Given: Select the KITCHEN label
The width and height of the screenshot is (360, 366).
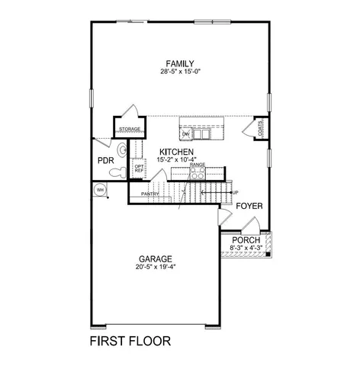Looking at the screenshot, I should point(176,152).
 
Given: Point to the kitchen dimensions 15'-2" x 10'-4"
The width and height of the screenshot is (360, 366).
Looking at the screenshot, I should point(176,160).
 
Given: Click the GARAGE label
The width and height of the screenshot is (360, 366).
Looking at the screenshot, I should point(155,258).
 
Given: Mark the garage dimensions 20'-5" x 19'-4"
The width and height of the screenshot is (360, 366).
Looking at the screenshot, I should point(155,268).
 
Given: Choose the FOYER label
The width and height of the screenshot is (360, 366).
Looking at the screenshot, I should point(249,207).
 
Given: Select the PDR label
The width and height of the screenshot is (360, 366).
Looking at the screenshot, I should point(104,161).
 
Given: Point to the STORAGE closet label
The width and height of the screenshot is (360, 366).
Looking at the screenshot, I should point(128,130).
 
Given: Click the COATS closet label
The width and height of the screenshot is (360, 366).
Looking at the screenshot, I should point(261,131).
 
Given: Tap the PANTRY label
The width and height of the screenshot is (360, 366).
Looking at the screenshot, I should point(150,195).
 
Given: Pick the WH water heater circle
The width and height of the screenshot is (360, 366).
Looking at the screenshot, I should point(99,189).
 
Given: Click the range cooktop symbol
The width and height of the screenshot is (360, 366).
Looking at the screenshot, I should point(198,173).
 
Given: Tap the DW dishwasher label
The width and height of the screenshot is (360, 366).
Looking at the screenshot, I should point(185,135).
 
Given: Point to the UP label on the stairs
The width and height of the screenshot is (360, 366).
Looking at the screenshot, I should point(235,192).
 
